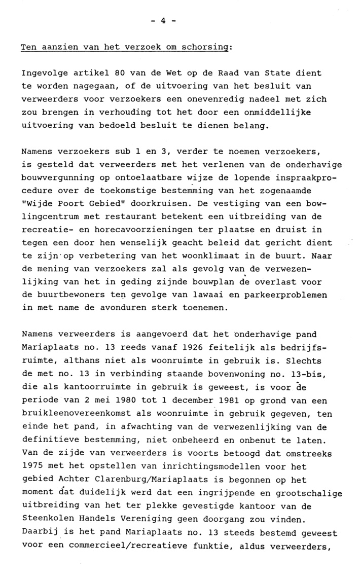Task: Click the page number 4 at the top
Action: click(164, 21)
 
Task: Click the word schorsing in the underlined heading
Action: click(208, 48)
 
